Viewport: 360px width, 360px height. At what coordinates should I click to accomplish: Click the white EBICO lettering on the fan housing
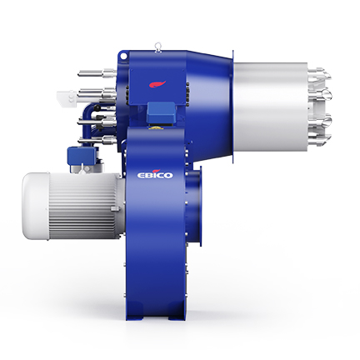click(155, 175)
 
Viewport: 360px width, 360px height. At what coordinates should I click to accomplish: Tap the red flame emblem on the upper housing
click(157, 84)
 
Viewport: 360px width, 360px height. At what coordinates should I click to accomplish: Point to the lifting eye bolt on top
click(158, 47)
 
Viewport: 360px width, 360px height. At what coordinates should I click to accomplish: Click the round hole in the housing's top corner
click(123, 56)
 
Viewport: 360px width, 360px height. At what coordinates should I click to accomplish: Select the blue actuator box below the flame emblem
click(161, 112)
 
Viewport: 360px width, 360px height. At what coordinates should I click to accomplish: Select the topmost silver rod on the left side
click(97, 73)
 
